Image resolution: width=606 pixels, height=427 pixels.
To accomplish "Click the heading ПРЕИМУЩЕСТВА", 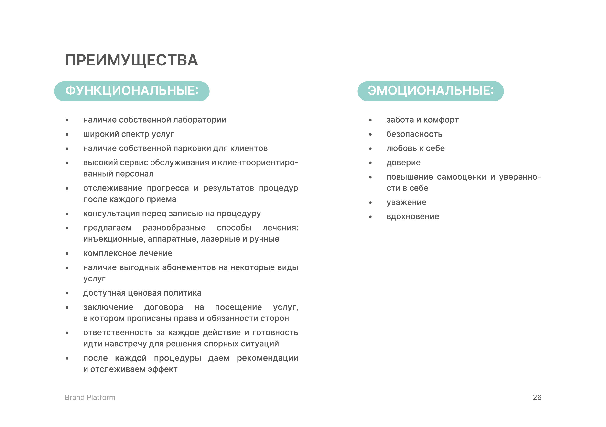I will click(131, 60).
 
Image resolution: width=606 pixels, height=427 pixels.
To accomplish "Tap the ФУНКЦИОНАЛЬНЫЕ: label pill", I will click(132, 91).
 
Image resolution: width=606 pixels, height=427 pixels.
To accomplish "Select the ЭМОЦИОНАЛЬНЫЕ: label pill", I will click(430, 91).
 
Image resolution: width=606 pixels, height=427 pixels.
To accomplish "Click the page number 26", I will click(537, 397).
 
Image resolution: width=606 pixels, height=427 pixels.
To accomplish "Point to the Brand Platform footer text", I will click(90, 397).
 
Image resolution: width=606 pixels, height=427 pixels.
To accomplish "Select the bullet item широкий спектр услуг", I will click(128, 134).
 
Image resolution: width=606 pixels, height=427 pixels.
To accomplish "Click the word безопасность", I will click(414, 134).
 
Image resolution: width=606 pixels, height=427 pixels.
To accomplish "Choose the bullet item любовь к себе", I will click(415, 148).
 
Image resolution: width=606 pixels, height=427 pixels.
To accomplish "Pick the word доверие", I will click(403, 162).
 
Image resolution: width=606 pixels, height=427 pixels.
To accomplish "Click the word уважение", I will click(406, 203).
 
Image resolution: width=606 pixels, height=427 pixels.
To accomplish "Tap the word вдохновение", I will click(412, 217).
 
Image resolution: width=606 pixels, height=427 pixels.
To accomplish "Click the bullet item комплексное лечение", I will click(128, 253).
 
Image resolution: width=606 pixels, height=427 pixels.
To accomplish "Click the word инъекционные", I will click(114, 239).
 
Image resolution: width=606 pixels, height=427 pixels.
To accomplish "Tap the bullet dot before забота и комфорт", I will click(370, 120).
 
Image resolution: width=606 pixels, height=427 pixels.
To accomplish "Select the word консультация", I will click(111, 213).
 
